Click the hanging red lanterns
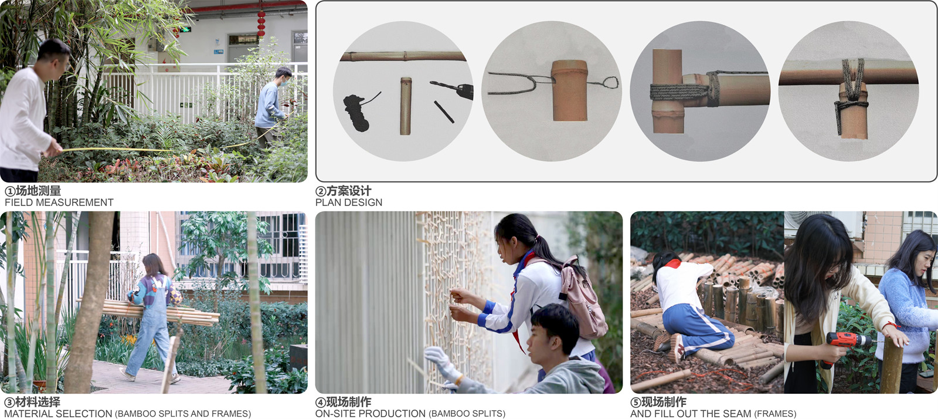261,23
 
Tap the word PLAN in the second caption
326,203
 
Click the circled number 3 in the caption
9,403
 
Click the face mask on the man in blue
283,83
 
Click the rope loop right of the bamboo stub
605,83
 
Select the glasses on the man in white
66,64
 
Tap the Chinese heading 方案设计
349,191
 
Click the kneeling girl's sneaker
676,349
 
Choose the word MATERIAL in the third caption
29,414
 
